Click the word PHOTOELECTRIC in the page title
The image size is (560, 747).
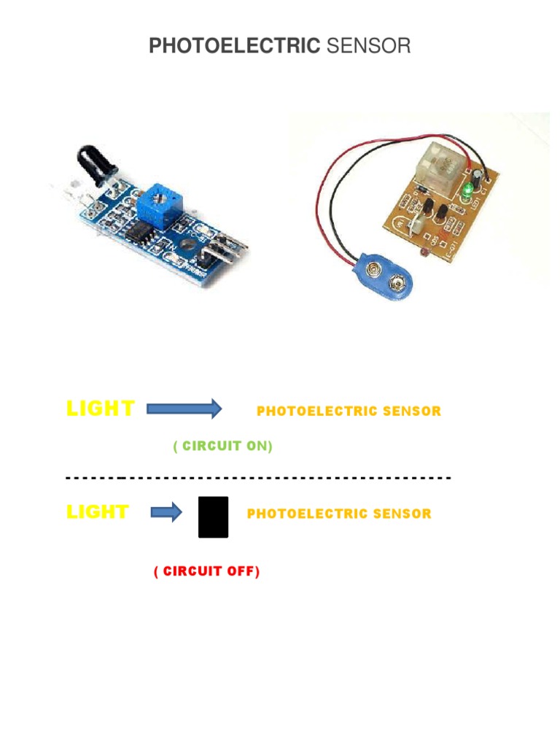coord(234,47)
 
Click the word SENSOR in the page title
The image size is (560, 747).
coord(368,47)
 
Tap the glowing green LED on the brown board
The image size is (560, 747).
coord(467,192)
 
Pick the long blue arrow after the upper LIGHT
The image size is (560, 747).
coord(184,409)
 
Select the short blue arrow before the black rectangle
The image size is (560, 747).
coord(166,514)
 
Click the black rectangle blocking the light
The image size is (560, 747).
coord(213,517)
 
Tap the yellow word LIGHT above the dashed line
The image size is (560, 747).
coord(101,409)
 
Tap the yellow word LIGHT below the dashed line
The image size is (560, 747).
coord(98,512)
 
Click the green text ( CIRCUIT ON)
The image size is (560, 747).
coord(222,446)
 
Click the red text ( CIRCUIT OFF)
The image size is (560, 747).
coord(206,571)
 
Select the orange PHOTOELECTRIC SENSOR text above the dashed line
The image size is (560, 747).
coord(349,411)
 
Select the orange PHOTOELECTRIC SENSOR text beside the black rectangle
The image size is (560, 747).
coord(339,514)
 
